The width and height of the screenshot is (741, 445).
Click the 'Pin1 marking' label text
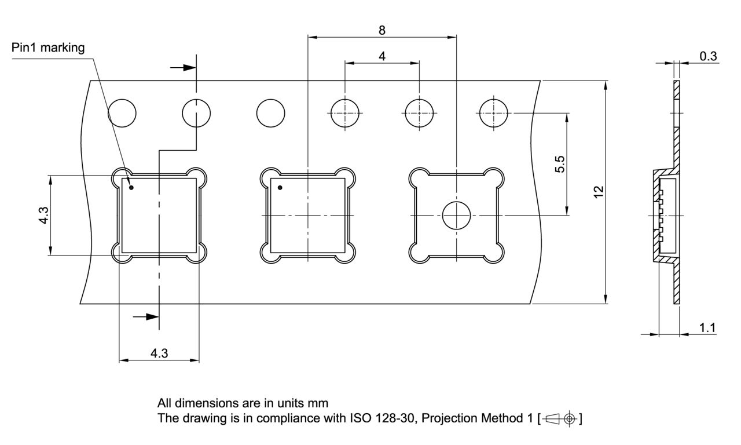[48, 48]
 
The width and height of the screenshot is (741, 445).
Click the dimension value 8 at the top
[382, 30]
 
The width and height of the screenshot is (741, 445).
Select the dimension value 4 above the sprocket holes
[382, 56]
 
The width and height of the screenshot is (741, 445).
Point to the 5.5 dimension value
[559, 164]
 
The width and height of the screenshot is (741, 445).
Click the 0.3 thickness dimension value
[708, 56]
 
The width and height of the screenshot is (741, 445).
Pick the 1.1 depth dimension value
[707, 328]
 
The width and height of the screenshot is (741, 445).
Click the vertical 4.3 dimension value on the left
[43, 215]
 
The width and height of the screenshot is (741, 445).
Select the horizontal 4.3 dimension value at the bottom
[159, 353]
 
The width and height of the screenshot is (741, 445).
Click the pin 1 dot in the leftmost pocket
[131, 188]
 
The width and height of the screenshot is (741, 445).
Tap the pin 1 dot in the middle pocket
[280, 188]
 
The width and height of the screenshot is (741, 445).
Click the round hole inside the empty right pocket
[456, 216]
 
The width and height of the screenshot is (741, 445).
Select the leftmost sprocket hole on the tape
[122, 112]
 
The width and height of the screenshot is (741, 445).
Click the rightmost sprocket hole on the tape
[494, 112]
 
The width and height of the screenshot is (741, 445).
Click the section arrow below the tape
[145, 316]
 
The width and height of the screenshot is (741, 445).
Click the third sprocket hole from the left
[271, 112]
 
